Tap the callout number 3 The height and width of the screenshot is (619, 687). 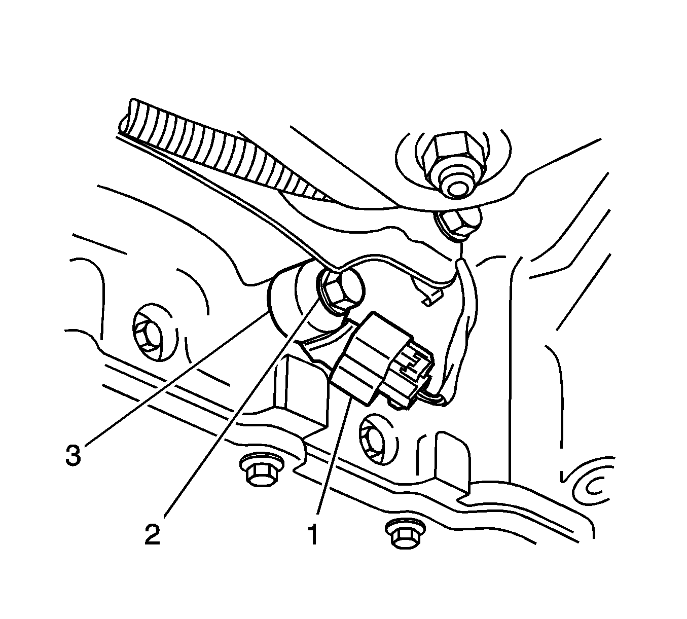73,454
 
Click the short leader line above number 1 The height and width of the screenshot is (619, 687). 334,455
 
